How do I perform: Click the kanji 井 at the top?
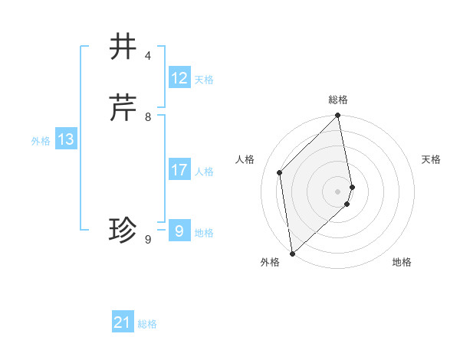tap(123, 47)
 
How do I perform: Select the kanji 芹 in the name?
tap(123, 108)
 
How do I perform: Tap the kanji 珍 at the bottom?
tap(123, 230)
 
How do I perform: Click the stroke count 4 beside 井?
tap(148, 56)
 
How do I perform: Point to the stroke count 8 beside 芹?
tap(148, 117)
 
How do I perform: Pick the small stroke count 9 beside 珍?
tap(148, 240)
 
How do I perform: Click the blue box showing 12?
tap(179, 78)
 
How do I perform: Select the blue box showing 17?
tap(179, 170)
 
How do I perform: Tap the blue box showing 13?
tap(66, 139)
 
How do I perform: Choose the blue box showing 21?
tap(123, 322)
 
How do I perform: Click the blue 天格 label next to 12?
tap(204, 80)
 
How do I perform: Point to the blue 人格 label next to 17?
tap(204, 172)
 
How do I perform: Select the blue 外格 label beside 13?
tap(41, 141)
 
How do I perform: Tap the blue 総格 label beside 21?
tap(147, 324)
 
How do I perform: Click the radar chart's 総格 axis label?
tap(338, 100)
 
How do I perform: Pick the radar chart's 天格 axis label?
tap(431, 159)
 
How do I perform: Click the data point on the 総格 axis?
tap(338, 116)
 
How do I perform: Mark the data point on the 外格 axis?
tap(291, 254)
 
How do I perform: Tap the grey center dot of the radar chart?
tap(338, 191)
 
